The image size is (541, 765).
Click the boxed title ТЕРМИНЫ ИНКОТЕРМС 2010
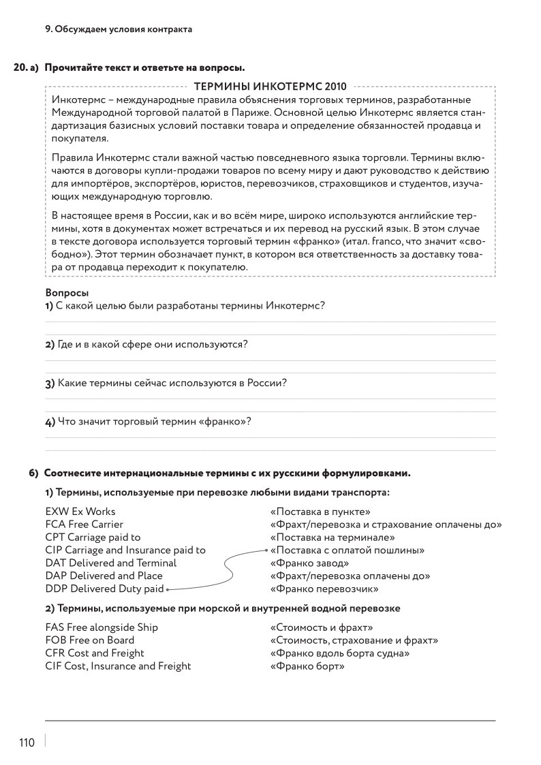(x=270, y=87)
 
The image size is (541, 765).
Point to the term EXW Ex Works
(x=80, y=512)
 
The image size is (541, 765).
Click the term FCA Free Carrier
(x=84, y=525)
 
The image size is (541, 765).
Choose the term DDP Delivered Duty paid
(x=104, y=589)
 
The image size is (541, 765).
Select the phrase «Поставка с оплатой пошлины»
(x=347, y=550)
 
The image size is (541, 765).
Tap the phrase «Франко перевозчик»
(x=324, y=589)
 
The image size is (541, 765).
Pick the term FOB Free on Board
(x=90, y=640)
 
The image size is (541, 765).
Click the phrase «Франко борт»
(x=307, y=666)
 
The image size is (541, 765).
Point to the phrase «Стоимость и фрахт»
(x=322, y=627)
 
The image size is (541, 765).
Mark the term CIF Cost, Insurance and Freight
(x=118, y=666)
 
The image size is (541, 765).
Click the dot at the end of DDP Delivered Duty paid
(x=167, y=589)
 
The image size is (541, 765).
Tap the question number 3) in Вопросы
(x=50, y=384)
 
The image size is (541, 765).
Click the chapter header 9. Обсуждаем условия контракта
(x=118, y=29)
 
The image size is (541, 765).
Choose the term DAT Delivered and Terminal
(x=111, y=563)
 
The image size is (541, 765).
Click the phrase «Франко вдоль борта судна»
(x=340, y=653)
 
